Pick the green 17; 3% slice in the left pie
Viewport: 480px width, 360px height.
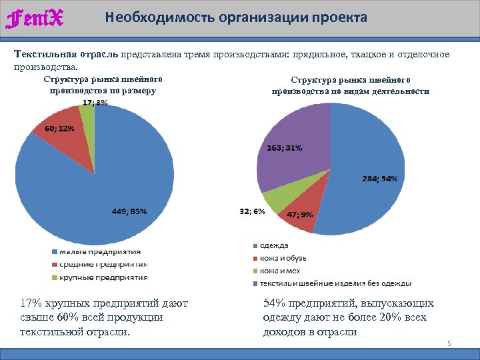[87, 117]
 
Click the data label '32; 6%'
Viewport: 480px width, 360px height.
[252, 211]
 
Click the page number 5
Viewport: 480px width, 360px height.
[449, 343]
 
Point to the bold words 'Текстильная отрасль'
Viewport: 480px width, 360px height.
[65, 54]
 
